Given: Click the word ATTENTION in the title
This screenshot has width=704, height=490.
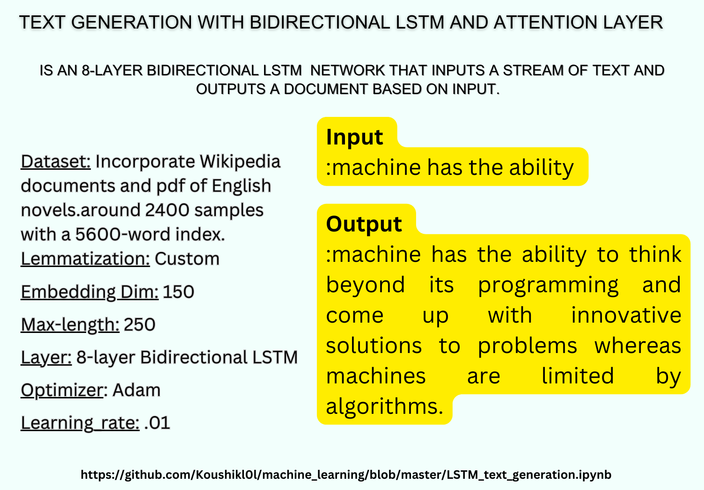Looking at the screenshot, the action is [545, 22].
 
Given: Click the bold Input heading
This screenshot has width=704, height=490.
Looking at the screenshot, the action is [354, 137].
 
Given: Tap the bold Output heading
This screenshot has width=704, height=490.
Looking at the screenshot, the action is [364, 224].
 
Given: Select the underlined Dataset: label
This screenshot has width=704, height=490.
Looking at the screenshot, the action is [56, 162].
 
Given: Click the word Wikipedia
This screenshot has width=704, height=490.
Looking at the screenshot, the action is [240, 162].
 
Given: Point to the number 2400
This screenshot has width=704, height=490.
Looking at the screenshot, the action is [167, 210].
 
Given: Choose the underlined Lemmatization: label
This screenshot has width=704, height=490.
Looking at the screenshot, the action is [85, 259].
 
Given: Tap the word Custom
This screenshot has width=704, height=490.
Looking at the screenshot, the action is [187, 259].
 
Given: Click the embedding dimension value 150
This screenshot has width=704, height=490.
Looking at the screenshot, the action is [178, 292].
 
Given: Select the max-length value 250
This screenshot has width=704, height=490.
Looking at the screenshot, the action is [139, 324].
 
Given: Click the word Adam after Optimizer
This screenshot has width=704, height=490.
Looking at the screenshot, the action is [136, 390].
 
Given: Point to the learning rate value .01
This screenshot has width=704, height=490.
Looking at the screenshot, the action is [157, 423].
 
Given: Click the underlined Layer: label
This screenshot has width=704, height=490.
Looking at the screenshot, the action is [46, 358].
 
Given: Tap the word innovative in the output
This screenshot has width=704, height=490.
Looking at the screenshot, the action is [626, 315].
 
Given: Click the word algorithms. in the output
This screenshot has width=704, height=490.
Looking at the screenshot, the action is [384, 406].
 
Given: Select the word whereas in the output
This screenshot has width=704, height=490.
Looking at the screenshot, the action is [638, 346].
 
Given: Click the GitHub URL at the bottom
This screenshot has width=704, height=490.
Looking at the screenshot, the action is [346, 475].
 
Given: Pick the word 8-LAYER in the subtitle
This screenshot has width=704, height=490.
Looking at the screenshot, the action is [112, 70].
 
